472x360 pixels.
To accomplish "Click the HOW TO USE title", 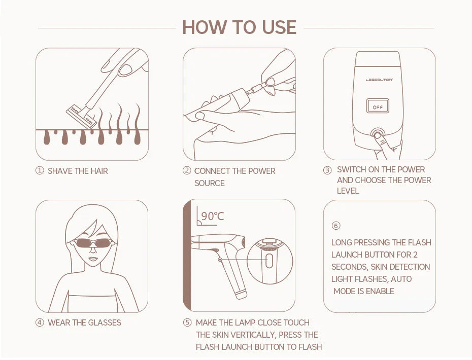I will click(239, 27).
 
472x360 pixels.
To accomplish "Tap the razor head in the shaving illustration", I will click(81, 117).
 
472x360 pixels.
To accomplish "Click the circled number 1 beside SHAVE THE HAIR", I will click(40, 171).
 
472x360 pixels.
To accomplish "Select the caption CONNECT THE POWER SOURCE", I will click(234, 176).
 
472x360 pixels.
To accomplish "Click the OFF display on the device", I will click(378, 107).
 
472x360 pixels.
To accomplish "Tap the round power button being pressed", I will click(377, 135).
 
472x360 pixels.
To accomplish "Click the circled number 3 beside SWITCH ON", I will click(327, 170).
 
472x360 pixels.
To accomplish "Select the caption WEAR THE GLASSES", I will click(84, 322).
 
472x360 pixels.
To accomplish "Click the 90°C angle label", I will click(212, 216).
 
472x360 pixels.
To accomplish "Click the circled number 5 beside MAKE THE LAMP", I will click(187, 322).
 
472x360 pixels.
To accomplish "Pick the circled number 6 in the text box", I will click(335, 226).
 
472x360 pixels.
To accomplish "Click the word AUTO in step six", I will click(401, 279).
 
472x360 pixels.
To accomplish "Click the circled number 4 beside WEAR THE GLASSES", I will click(40, 322).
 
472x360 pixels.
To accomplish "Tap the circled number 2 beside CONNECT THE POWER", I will click(187, 171).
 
